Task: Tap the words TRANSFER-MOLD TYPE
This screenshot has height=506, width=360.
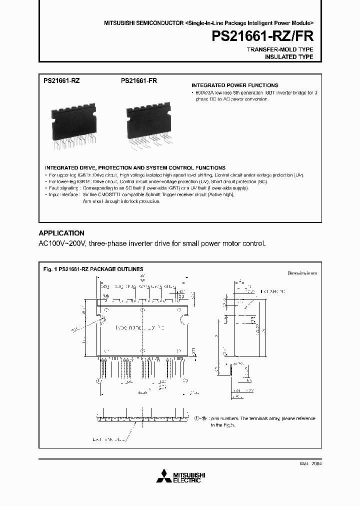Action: tap(280, 50)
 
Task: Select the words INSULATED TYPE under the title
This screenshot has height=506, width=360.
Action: tap(288, 57)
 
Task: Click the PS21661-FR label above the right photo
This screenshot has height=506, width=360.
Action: tap(138, 80)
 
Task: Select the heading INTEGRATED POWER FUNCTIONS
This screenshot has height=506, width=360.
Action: tap(235, 85)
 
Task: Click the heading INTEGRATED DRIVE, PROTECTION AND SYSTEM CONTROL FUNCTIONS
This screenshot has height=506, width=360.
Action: tap(135, 167)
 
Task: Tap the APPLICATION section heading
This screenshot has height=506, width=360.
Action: tap(61, 233)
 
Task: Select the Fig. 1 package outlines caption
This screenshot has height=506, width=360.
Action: tap(93, 269)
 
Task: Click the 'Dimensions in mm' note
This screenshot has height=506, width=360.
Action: tap(302, 273)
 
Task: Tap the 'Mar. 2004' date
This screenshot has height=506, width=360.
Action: tap(310, 463)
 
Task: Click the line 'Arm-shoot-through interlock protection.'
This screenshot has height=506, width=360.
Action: tap(121, 201)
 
